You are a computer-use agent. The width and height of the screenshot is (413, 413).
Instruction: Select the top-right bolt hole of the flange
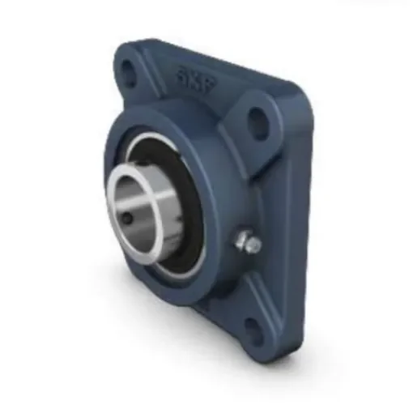click(258, 123)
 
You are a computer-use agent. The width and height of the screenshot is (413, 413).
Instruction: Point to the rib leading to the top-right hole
click(235, 130)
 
